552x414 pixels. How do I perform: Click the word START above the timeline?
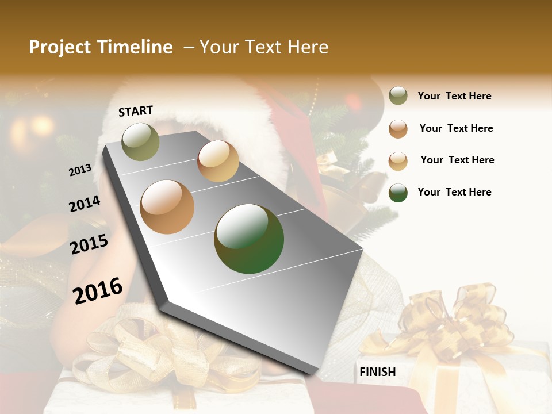tap(136, 111)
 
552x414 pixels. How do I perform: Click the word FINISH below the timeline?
tap(377, 372)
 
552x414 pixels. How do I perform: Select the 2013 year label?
tap(80, 170)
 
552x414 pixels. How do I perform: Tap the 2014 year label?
tap(85, 204)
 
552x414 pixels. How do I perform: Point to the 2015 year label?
tap(89, 244)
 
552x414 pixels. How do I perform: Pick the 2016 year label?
tap(98, 290)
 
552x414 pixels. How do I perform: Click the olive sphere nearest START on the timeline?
tap(140, 141)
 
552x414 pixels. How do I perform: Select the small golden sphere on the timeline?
tap(218, 161)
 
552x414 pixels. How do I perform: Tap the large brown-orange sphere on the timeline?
tap(167, 206)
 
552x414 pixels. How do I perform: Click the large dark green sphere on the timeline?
tap(249, 239)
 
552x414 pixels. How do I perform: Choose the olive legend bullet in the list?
tap(398, 96)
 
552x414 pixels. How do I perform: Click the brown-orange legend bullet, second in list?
tap(398, 128)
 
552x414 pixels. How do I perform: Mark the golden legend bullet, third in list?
tap(398, 160)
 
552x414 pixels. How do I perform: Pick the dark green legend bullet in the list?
tap(398, 193)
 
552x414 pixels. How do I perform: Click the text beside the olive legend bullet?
tap(454, 96)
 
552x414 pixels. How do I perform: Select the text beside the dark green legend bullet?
tap(454, 192)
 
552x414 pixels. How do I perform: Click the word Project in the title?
tap(60, 47)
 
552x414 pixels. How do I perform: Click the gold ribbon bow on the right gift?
tap(454, 322)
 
